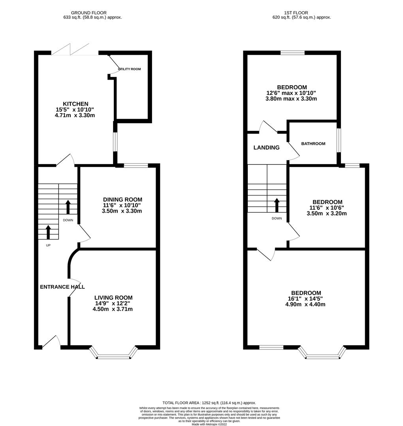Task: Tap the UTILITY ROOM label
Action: click(129, 69)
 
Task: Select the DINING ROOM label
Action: click(122, 200)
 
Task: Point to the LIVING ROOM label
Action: click(113, 298)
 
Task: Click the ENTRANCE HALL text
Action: click(62, 287)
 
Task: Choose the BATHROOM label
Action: click(313, 144)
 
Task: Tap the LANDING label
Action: click(266, 148)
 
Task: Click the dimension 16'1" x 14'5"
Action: click(306, 299)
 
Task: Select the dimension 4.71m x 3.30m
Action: click(75, 116)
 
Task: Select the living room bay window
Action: click(113, 354)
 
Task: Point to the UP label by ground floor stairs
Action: click(48, 245)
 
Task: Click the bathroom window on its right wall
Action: click(339, 140)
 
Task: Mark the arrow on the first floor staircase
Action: click(276, 205)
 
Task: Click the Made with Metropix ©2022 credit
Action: click(209, 424)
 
